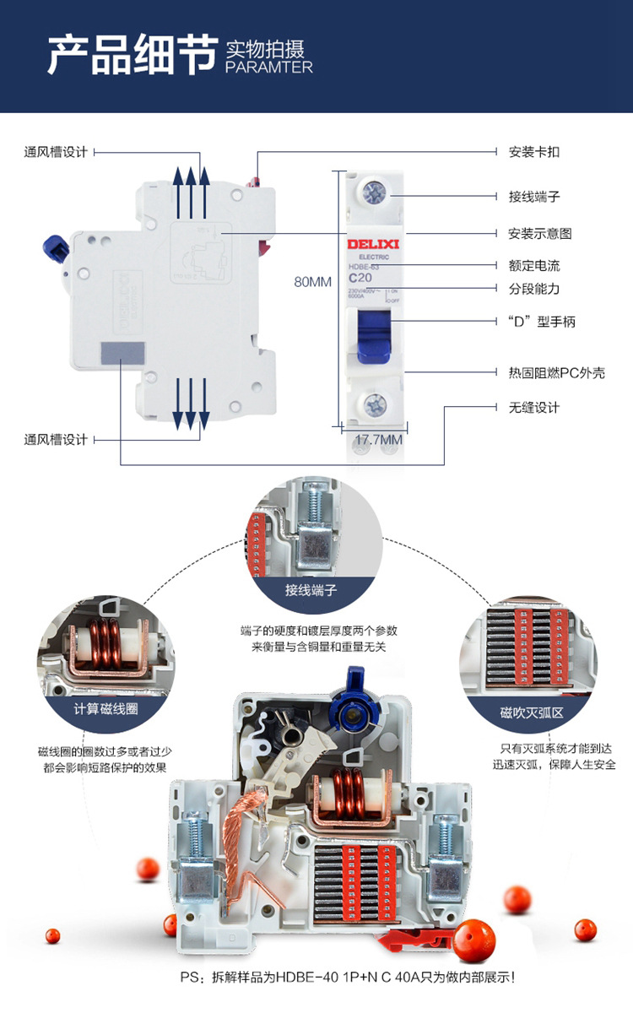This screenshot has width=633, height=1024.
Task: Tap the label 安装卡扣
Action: (x=533, y=152)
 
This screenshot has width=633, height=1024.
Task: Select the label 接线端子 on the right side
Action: (x=533, y=197)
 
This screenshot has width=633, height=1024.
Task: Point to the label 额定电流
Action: (x=533, y=265)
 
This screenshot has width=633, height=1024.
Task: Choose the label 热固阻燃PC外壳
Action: (x=556, y=372)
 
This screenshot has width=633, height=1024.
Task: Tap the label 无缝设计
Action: (x=533, y=408)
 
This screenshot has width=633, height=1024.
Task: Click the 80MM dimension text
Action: (x=312, y=282)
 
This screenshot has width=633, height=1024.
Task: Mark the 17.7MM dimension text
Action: (x=377, y=439)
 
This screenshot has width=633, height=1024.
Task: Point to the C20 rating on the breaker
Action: (x=360, y=277)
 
